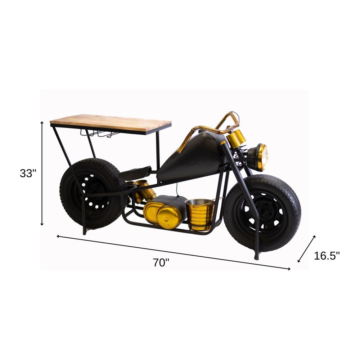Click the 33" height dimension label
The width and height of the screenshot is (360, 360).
click(28, 173)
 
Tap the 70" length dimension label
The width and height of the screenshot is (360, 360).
click(161, 262)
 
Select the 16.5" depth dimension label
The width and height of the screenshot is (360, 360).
click(327, 256)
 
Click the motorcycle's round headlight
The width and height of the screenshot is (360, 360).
click(260, 157)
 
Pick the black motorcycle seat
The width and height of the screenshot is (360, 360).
click(135, 173)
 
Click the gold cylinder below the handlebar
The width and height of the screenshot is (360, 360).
click(236, 138)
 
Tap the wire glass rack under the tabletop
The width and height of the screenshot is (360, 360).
click(99, 134)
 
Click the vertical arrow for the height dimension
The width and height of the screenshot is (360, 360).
click(42, 173)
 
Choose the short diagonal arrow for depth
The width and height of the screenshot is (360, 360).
click(307, 249)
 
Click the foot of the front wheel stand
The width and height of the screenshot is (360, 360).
click(257, 257)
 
